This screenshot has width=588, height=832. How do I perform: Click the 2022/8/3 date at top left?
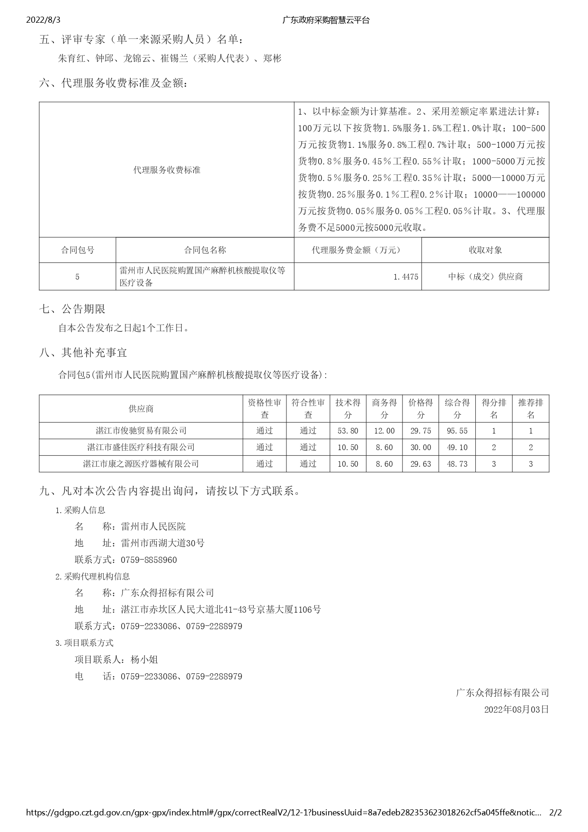pos(44,20)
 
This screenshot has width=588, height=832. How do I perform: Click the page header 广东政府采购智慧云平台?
pos(326,20)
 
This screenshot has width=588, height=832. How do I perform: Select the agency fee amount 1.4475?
pos(406,277)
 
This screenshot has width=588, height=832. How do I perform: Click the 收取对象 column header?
pos(485,250)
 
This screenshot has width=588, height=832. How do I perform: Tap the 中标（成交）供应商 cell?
pos(485,277)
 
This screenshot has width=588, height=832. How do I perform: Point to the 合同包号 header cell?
pos(78,250)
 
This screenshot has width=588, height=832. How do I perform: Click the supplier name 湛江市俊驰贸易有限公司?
pos(141,431)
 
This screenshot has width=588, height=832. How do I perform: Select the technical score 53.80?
pos(347,431)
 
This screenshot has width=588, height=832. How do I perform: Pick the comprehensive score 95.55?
pos(457,431)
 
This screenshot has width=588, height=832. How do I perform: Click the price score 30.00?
pos(420,447)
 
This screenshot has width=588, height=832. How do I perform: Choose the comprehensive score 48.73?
pos(457,464)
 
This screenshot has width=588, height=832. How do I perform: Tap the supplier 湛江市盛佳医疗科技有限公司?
pos(141,447)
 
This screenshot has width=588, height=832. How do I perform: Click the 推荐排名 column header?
pos(531,408)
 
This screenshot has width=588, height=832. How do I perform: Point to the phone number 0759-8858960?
pos(149,560)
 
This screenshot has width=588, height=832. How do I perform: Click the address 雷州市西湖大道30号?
pos(163,543)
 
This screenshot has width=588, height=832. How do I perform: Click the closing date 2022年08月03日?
pos(517,709)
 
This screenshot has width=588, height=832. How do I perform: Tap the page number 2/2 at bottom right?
pos(555,813)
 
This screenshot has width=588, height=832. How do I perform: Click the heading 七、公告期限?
pos(72,309)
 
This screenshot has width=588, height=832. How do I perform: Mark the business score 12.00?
pos(384,431)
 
